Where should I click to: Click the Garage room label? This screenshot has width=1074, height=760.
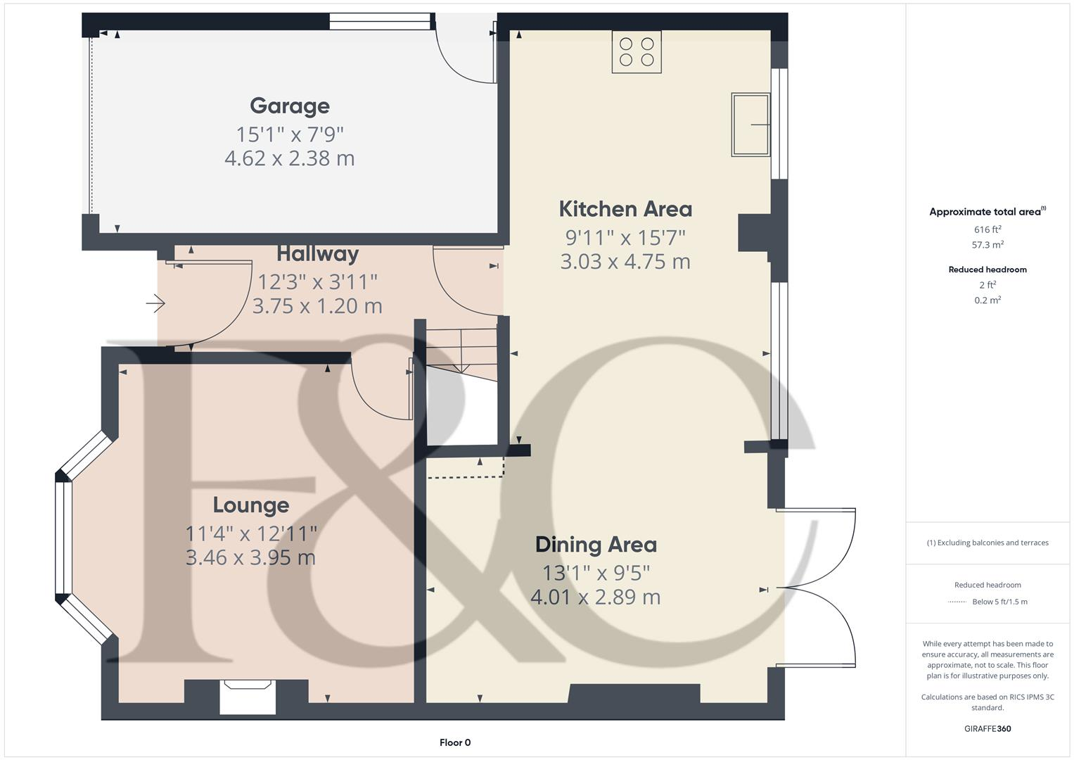(x=289, y=106)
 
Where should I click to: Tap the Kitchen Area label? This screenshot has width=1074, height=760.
(x=625, y=209)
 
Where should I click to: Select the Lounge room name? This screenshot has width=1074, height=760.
(x=251, y=505)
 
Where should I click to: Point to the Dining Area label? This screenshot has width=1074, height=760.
(x=596, y=545)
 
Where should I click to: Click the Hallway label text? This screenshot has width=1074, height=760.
(x=317, y=254)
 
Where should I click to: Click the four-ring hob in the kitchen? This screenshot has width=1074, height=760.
(x=637, y=52)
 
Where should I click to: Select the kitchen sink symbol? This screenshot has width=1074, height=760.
(x=750, y=125)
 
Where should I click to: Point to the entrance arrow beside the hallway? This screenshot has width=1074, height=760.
(x=155, y=304)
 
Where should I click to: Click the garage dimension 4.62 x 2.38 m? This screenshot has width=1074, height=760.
(x=289, y=158)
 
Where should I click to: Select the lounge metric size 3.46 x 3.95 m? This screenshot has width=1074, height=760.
(x=250, y=558)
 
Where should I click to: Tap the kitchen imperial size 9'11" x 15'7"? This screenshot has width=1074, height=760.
(x=625, y=238)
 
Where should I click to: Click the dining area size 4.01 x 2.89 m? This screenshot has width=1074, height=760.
(x=595, y=597)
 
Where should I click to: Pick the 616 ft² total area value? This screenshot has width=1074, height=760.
(x=987, y=229)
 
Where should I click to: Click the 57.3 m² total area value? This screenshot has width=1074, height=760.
(x=987, y=245)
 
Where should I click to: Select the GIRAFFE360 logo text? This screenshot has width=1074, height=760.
(x=987, y=728)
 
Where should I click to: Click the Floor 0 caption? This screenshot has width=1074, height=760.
(x=455, y=742)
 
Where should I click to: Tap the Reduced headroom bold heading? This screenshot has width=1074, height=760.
(x=987, y=270)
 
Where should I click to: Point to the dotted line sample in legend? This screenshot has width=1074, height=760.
(x=957, y=602)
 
